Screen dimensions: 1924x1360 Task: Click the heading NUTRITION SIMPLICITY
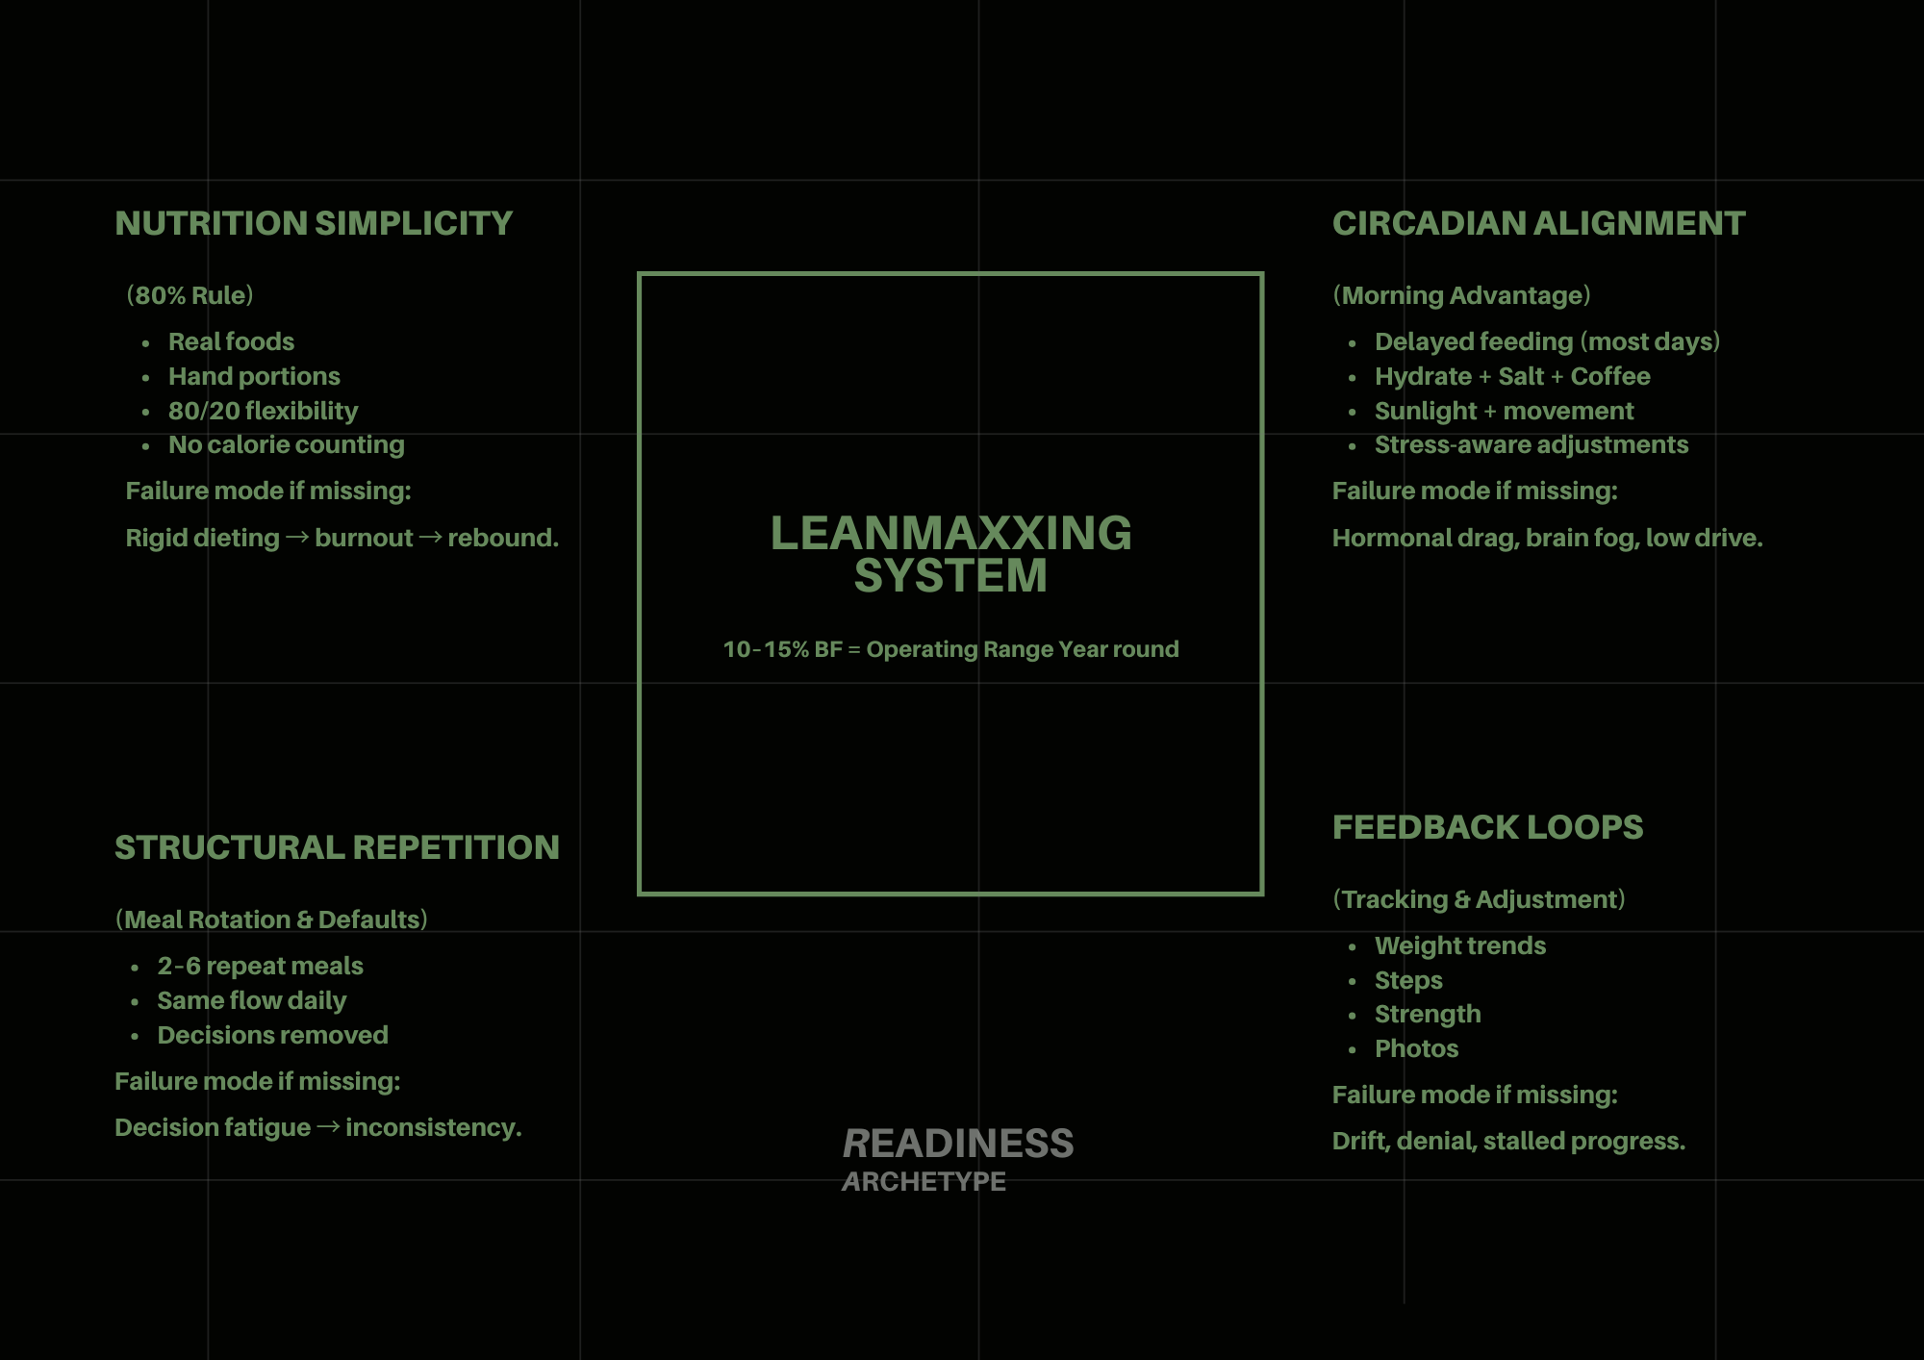point(314,223)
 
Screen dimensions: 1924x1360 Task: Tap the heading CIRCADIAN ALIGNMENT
point(1538,223)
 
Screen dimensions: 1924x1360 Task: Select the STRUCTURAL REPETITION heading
point(337,847)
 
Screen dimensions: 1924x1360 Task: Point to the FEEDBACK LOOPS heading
point(1487,827)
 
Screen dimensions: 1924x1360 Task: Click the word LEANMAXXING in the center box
point(950,533)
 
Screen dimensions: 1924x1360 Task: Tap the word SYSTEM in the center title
point(950,576)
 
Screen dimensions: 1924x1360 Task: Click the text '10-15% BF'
point(782,649)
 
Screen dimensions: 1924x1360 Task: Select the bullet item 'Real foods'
point(231,341)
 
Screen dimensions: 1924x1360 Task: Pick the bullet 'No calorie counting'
point(286,444)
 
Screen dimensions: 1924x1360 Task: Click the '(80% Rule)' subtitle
point(190,295)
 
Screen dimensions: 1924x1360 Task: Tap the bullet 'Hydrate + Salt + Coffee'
point(1512,376)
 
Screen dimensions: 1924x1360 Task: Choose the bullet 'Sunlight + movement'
point(1504,411)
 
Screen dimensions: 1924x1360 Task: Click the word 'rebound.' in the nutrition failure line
point(502,538)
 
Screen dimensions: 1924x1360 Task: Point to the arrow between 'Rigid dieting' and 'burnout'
point(297,537)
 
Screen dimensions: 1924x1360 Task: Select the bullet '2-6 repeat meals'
point(260,966)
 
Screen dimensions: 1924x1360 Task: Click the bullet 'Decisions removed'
point(272,1035)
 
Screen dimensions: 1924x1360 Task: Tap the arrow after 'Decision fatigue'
point(328,1126)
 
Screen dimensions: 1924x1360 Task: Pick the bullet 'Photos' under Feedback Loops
point(1416,1048)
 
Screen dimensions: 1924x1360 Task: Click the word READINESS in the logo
point(958,1144)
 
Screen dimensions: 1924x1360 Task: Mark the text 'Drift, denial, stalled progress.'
point(1508,1141)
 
